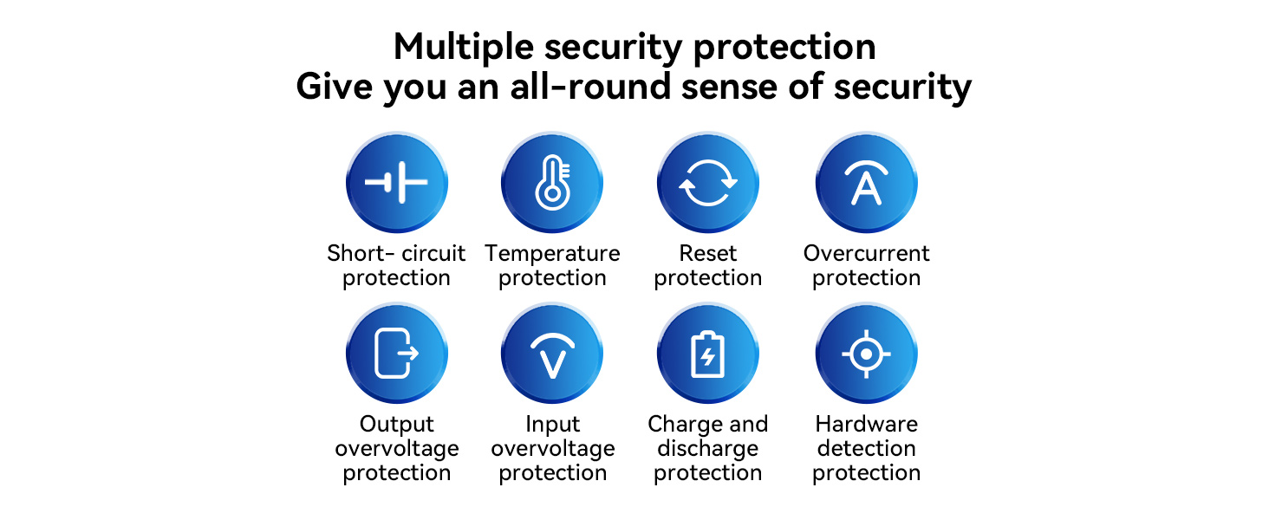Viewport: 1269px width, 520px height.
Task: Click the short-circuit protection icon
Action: point(397,182)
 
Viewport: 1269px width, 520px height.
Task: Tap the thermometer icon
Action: point(552,182)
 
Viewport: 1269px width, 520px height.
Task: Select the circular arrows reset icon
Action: point(708,182)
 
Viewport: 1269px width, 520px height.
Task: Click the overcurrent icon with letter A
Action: point(866,182)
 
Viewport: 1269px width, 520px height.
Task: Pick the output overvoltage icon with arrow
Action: point(397,354)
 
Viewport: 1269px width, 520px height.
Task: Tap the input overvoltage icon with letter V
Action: point(552,354)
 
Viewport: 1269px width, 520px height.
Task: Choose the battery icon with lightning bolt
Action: point(708,354)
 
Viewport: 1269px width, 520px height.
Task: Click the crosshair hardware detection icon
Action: point(866,354)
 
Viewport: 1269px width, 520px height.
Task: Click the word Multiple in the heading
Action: point(464,48)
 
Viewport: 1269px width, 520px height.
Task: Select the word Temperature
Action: point(552,254)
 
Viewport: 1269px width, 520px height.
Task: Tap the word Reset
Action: point(708,253)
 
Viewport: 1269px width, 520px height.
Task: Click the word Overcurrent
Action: point(866,253)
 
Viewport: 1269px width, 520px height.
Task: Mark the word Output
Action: point(397,425)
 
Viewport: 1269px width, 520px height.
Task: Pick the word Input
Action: point(552,425)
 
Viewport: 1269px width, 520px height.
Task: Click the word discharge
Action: point(708,449)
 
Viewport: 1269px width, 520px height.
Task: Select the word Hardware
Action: point(866,424)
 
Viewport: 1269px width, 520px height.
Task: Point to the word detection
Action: point(866,448)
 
